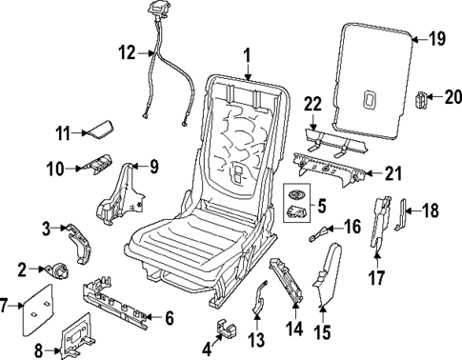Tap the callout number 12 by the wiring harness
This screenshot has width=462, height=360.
tap(127, 51)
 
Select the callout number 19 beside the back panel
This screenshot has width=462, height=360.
tap(436, 39)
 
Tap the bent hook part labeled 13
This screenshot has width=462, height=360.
tap(259, 303)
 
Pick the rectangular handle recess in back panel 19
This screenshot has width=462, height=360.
tap(372, 96)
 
